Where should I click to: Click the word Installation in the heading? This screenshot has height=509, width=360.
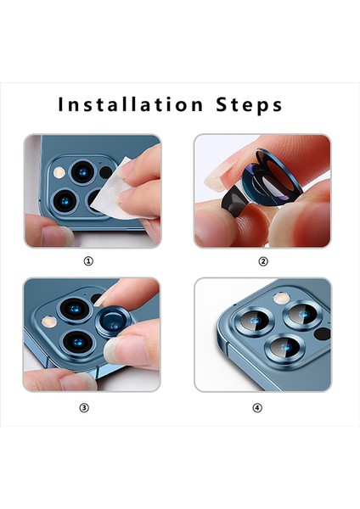pos(130,104)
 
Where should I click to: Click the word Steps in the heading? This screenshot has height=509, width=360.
pos(250,104)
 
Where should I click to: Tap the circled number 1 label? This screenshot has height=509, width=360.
pos(88,260)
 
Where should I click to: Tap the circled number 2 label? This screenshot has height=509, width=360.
pos(263,261)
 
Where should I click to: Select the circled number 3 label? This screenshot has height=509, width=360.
pos(84,408)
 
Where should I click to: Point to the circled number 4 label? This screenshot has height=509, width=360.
pos(257,408)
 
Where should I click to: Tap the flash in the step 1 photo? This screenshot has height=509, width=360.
pos(59,172)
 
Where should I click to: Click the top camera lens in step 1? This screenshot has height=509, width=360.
pos(83,172)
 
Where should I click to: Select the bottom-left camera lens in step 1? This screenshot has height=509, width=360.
pos(65,201)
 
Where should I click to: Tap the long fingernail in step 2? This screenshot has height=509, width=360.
pos(217,176)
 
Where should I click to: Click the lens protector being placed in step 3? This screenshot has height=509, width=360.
pos(114,322)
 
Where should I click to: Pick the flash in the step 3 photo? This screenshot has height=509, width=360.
pos(48,322)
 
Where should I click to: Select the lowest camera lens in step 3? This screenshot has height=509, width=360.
pos(77,343)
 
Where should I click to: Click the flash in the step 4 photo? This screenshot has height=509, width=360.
pos(281,298)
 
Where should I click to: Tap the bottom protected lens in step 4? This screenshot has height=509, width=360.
pos(284,348)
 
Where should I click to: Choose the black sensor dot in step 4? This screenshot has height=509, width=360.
pos(323,333)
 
